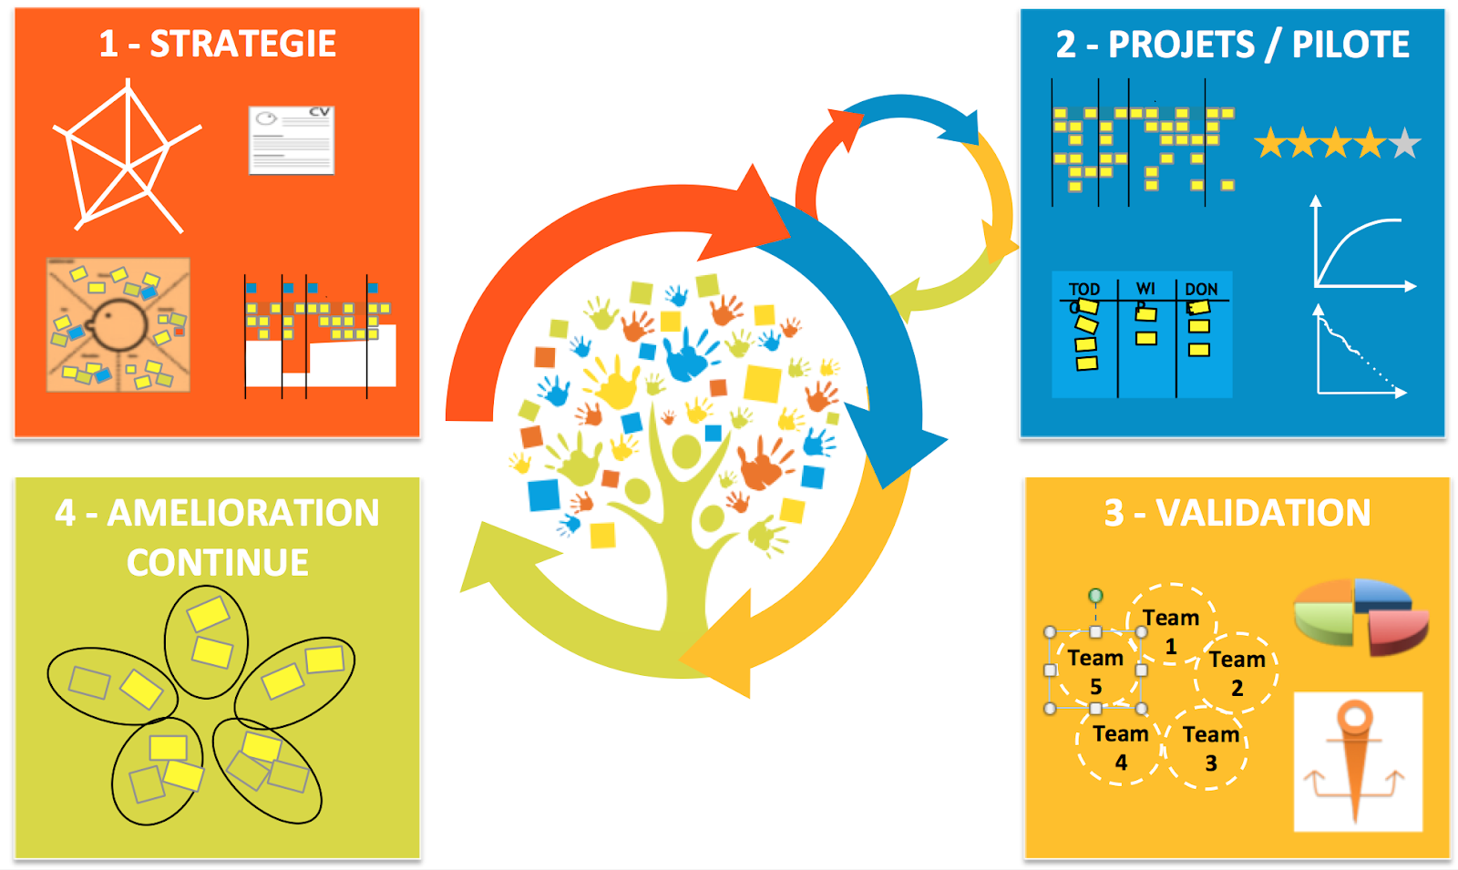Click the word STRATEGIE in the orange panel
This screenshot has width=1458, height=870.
242,44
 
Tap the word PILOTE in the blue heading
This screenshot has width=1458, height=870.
1350,45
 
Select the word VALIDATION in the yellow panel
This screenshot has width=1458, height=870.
1263,513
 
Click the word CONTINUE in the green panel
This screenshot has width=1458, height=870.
218,562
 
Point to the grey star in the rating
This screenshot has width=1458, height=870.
1404,143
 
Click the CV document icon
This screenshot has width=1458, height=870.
292,139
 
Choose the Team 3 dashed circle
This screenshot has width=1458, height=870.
1209,747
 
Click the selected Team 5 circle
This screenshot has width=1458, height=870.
1095,670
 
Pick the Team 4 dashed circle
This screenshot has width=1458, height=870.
1120,746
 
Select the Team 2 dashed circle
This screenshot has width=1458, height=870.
1237,672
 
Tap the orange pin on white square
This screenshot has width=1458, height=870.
1357,761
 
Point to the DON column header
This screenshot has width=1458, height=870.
1201,289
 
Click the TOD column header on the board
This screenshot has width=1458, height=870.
1084,289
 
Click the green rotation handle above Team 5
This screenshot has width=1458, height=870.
1095,596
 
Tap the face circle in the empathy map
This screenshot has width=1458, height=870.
118,324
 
